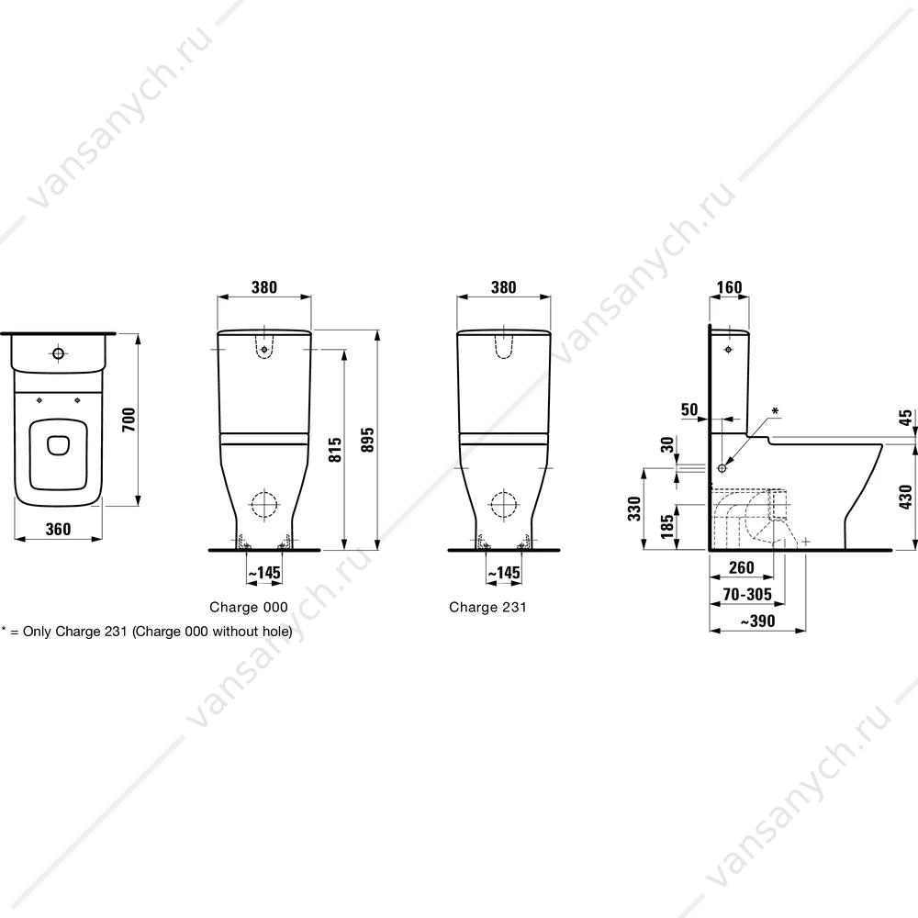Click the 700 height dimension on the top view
(129, 420)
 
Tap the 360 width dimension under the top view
(58, 530)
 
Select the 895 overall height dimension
(368, 440)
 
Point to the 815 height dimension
(335, 450)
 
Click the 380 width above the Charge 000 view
(264, 287)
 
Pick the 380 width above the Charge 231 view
(503, 287)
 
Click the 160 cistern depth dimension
(729, 287)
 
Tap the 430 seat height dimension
(906, 497)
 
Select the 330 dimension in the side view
(634, 509)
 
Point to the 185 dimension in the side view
(666, 526)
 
